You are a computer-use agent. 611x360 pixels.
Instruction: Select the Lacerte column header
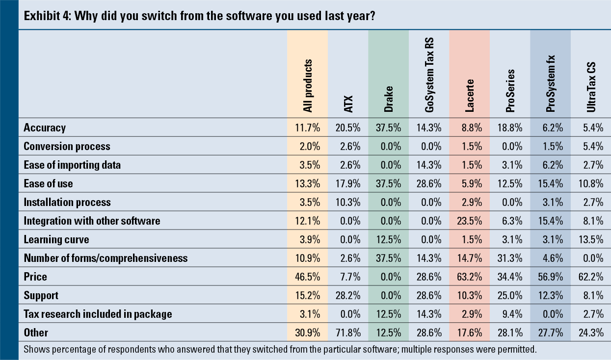(469, 95)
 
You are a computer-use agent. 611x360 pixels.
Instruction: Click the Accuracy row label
(45, 128)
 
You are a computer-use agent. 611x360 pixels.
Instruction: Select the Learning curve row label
(56, 239)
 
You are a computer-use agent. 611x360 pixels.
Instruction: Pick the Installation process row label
(67, 202)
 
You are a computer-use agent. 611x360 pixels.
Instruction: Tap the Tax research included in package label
(98, 314)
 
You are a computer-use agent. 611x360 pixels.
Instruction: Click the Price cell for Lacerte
(469, 277)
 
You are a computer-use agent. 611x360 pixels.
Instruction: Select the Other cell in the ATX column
(347, 333)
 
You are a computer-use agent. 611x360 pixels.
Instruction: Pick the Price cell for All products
(307, 277)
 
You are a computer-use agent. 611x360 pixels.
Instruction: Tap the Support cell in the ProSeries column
(510, 295)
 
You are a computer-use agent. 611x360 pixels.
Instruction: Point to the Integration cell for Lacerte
(469, 221)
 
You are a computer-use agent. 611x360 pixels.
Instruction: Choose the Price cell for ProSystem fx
(550, 277)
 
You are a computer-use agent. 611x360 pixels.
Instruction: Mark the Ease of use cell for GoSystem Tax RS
(429, 183)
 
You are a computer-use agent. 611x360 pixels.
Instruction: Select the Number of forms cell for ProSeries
(510, 258)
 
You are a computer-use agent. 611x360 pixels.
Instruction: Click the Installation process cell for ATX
(347, 202)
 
